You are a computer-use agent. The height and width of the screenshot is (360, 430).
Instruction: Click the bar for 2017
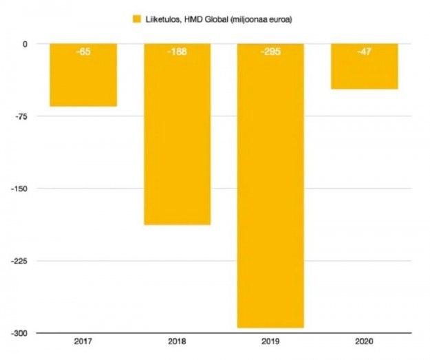pos(83,75)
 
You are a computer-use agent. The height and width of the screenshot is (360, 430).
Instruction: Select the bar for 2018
pos(177,134)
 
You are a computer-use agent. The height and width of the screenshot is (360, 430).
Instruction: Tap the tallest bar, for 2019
pos(270,186)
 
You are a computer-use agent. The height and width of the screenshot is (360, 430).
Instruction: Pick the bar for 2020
pos(364,66)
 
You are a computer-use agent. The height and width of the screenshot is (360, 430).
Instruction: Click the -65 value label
pos(83,52)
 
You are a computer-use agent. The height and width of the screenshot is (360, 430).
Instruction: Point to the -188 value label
pos(177,52)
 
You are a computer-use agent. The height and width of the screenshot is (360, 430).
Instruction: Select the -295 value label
pos(270,52)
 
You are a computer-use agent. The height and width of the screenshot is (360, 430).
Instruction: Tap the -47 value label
pos(364,52)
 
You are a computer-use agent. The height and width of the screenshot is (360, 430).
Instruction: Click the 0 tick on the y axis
pos(24,44)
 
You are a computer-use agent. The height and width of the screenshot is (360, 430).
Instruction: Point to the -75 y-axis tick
pos(21,116)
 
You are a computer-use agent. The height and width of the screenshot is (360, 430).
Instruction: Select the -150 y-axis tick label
pos(19,189)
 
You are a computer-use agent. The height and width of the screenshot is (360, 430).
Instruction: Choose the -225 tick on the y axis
pos(19,261)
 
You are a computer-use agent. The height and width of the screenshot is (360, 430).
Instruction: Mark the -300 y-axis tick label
pos(19,333)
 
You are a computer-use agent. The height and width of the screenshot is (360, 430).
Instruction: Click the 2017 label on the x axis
pos(83,341)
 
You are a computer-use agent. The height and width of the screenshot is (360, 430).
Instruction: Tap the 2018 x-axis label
pos(177,341)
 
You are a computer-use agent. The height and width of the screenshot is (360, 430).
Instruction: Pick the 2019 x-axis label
pos(270,341)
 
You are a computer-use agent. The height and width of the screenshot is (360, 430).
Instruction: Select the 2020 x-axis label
pos(364,341)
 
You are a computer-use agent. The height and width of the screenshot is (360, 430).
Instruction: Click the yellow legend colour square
pos(138,19)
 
